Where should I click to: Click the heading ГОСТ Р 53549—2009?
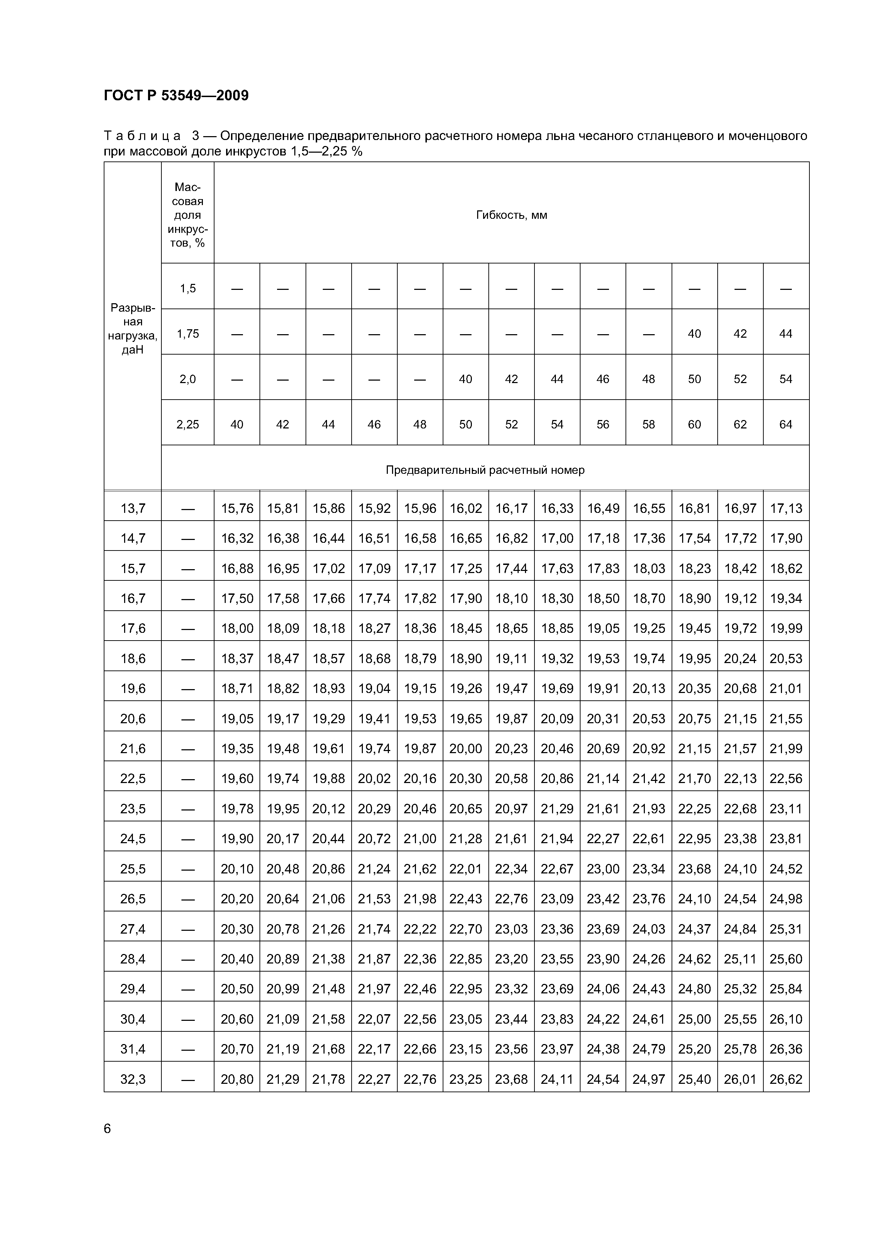tap(176, 96)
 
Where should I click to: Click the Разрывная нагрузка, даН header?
tap(133, 329)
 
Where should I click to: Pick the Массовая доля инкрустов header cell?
tap(187, 215)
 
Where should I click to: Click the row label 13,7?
tap(133, 508)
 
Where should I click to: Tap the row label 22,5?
tap(133, 779)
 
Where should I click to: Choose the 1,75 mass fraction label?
tap(187, 334)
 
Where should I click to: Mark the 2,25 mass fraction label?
tap(187, 425)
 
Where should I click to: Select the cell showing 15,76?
tap(237, 508)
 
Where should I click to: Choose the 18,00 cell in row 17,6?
tap(237, 628)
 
